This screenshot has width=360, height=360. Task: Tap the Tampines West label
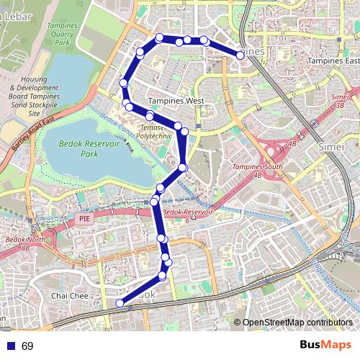pyautogui.click(x=176, y=102)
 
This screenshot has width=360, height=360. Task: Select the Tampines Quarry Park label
pyautogui.click(x=61, y=33)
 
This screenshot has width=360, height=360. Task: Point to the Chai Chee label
pyautogui.click(x=69, y=296)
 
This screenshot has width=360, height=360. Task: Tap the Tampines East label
pyautogui.click(x=333, y=61)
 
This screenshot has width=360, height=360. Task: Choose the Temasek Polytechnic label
pyautogui.click(x=154, y=130)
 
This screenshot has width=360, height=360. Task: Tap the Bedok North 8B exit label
pyautogui.click(x=25, y=243)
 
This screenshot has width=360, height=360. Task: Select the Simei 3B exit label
pyautogui.click(x=338, y=100)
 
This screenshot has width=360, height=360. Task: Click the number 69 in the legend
pyautogui.click(x=27, y=346)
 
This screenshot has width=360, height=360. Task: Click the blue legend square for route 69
pyautogui.click(x=10, y=346)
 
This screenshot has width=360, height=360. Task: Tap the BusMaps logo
pyautogui.click(x=325, y=345)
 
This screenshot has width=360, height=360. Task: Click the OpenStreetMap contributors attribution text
pyautogui.click(x=297, y=322)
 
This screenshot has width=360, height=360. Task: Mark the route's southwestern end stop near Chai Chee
pyautogui.click(x=120, y=304)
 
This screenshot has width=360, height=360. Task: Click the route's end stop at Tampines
pyautogui.click(x=240, y=54)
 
